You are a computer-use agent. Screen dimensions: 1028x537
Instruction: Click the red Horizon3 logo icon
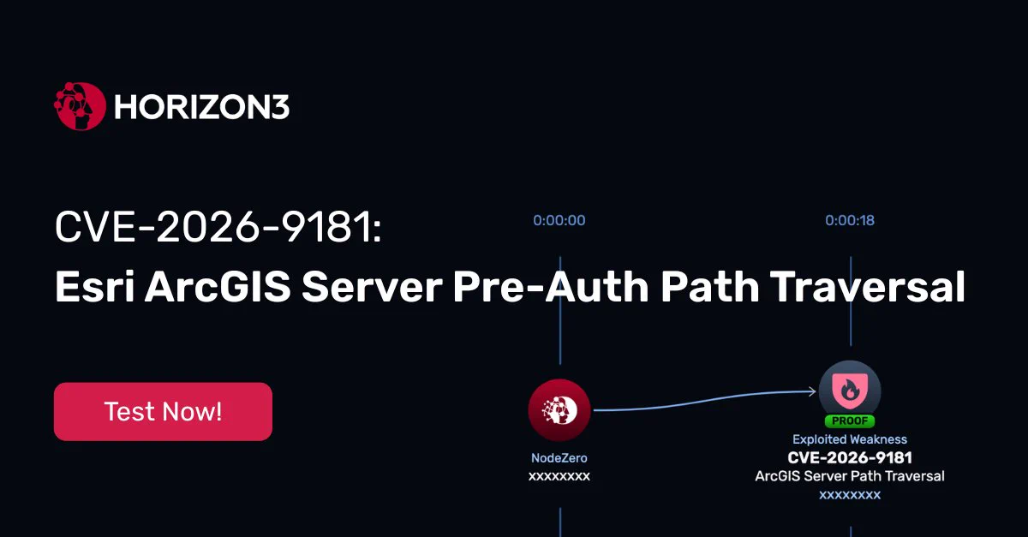coord(80,106)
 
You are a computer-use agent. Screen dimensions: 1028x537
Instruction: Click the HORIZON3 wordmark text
coord(202,107)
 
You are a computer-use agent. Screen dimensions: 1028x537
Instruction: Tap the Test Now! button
coord(163,411)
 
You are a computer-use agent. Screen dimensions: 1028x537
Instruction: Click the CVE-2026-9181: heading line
coord(218,227)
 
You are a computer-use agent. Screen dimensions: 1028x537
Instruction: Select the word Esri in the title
coord(95,286)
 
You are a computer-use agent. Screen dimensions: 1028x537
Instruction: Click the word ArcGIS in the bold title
coord(218,286)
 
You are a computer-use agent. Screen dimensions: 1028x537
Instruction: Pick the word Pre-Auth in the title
coord(551,286)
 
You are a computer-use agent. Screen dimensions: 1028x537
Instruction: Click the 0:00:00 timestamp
coord(559,220)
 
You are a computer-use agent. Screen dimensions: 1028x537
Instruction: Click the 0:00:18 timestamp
coord(850,220)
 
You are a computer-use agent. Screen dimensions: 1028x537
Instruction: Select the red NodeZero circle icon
coord(559,410)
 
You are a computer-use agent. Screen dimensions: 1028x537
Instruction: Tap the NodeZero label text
coord(559,457)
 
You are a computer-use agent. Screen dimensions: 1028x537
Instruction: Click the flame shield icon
coord(850,391)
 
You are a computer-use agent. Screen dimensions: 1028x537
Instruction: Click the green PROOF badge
coord(850,421)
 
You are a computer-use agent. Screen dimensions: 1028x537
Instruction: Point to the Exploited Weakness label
coord(850,439)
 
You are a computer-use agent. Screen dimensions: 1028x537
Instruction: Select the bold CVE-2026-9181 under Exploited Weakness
coord(850,457)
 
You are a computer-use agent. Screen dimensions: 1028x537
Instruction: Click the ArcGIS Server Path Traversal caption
coord(850,476)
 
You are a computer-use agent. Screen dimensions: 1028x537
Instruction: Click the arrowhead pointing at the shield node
coord(812,391)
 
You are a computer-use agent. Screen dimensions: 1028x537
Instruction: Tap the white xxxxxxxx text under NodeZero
coord(559,476)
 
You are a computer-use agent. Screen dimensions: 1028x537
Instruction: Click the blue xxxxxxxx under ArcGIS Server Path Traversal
coord(850,495)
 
